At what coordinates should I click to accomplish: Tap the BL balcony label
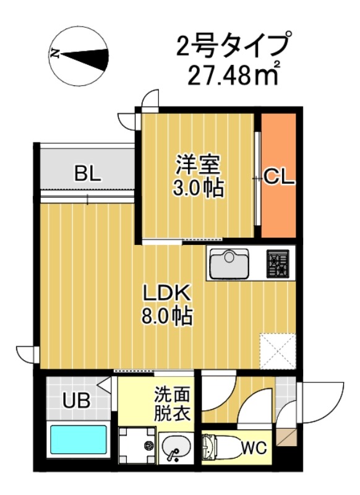88,174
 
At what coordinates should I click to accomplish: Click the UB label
75,401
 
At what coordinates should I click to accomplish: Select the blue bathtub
79,440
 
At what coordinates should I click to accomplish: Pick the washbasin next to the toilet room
177,447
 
